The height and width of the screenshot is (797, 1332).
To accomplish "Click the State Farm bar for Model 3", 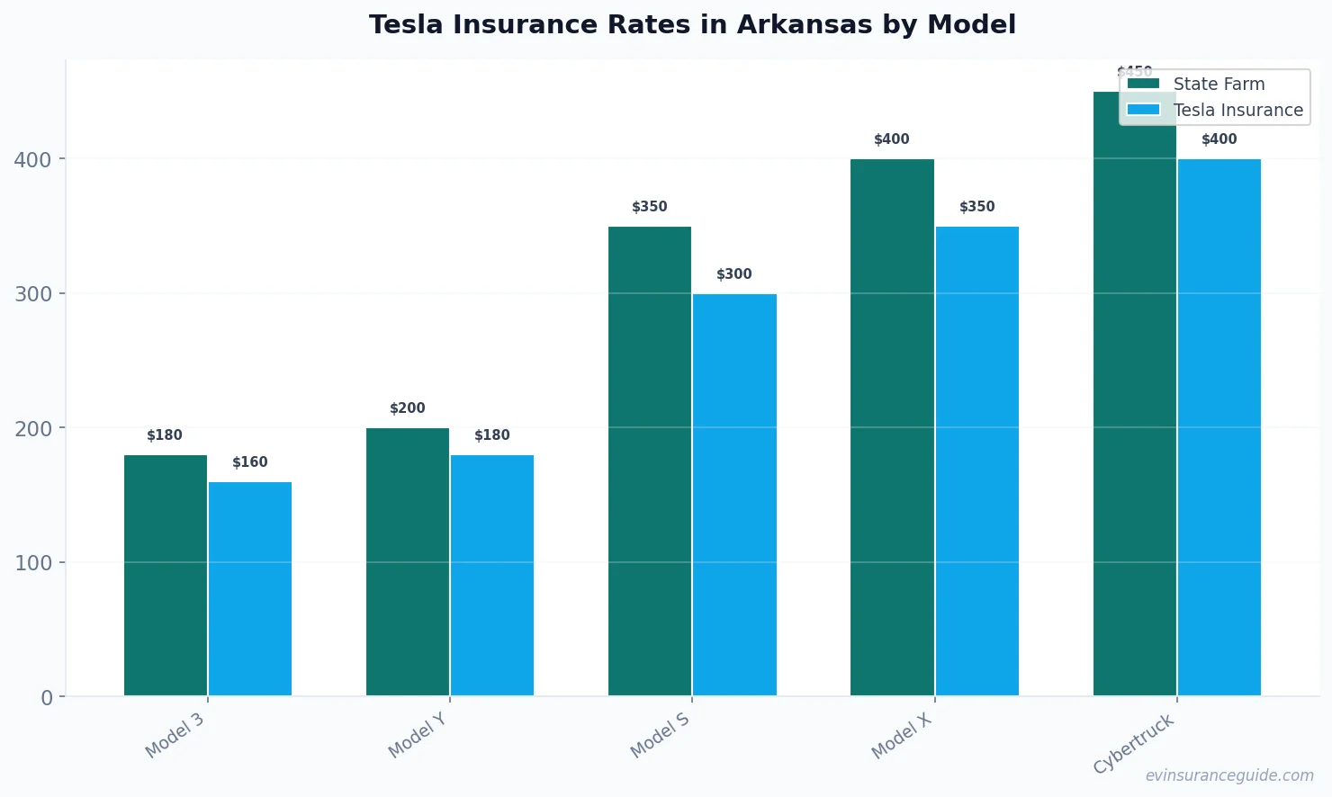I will (166, 576).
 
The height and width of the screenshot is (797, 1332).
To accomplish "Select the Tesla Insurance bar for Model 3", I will (250, 589).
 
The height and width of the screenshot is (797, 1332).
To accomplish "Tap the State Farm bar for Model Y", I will (408, 562).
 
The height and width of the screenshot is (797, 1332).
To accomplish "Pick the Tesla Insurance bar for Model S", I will (734, 495).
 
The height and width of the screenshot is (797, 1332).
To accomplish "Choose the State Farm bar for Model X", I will (892, 427).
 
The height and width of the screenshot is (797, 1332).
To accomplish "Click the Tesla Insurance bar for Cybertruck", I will (1219, 427).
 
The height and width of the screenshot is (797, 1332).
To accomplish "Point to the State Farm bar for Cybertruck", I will (1134, 405).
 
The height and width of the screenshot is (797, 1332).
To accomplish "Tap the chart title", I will (692, 24).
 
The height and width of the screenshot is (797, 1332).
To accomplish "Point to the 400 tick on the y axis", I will (32, 160).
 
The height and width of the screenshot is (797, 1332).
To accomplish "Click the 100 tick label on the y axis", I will (32, 563).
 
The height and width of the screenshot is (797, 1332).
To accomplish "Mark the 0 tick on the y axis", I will (47, 698).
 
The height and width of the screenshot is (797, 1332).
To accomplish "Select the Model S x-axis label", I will (660, 735).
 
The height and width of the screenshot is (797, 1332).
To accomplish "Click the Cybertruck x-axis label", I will (1134, 744).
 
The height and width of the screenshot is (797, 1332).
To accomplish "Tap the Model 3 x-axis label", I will (175, 736).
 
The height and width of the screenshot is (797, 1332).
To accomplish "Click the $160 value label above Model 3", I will (250, 462).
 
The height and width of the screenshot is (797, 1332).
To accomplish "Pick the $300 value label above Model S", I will (734, 274).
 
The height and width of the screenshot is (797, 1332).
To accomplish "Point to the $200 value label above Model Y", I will (408, 408).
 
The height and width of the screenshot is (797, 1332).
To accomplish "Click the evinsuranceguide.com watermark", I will (1229, 775).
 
